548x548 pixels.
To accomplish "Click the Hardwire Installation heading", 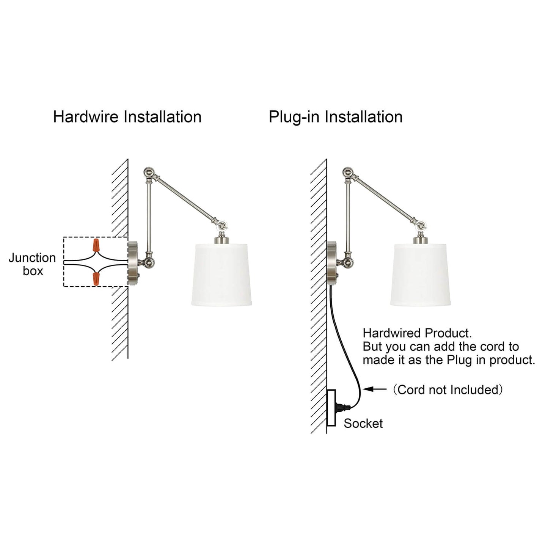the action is (x=127, y=117).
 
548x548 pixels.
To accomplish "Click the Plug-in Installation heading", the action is (x=336, y=117).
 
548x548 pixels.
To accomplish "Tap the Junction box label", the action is (x=32, y=264).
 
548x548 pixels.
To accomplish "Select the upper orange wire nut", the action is (x=96, y=245).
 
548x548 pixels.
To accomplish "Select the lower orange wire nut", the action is (x=96, y=278).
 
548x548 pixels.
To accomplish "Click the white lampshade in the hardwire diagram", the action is (x=221, y=275).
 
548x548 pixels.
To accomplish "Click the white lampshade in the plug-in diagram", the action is (x=420, y=275).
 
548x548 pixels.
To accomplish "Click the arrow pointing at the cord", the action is (x=375, y=389).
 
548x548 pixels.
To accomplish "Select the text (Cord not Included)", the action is (x=448, y=389).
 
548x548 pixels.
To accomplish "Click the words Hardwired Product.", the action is (x=417, y=333).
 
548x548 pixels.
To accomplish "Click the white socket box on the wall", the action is (x=331, y=408).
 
